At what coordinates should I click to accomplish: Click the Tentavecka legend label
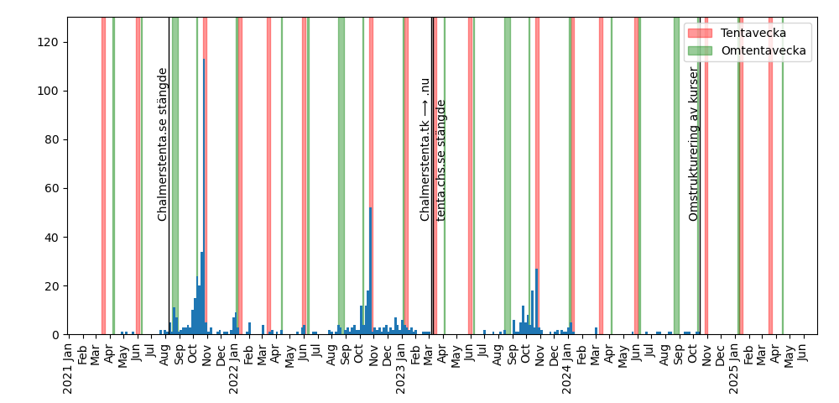pyautogui.click(x=759, y=33)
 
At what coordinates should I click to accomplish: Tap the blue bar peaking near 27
pyautogui.click(x=537, y=301)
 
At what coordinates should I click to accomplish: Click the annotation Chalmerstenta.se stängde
pyautogui.click(x=163, y=144)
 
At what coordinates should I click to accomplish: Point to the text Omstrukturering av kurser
pyautogui.click(x=694, y=144)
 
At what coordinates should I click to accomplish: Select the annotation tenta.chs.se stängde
pyautogui.click(x=441, y=160)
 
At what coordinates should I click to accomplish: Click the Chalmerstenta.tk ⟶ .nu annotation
pyautogui.click(x=425, y=149)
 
